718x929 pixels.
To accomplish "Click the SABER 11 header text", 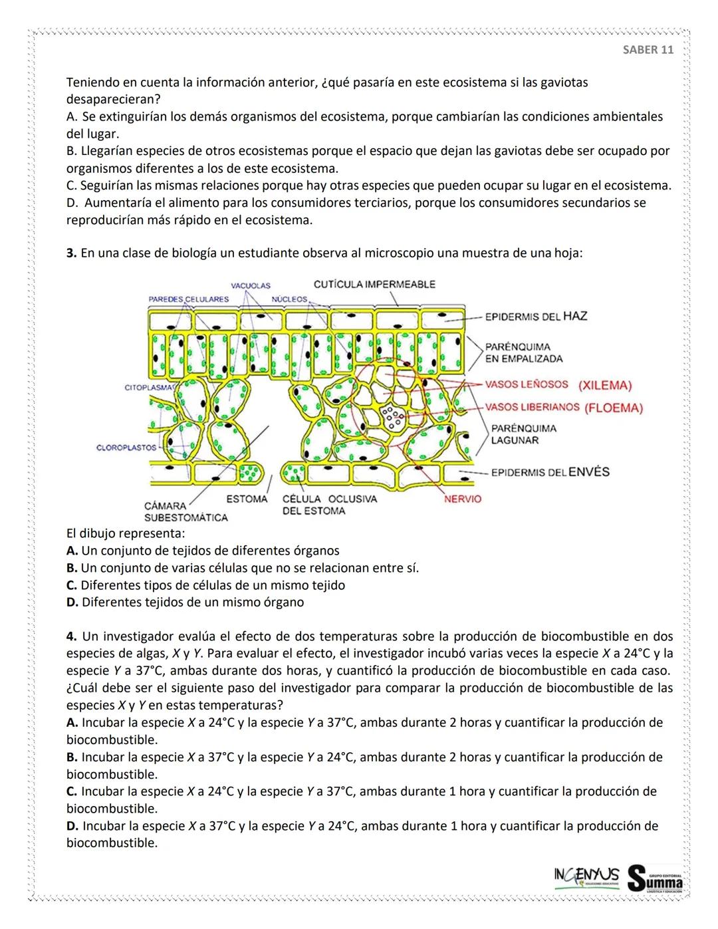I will click(648, 50).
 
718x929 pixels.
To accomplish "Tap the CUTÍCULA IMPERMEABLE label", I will click(374, 285).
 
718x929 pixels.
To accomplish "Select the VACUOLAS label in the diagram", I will click(251, 285).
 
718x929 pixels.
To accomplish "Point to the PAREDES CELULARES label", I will click(188, 299).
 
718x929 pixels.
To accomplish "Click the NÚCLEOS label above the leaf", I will click(290, 299).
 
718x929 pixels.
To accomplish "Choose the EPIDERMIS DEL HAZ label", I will click(536, 316).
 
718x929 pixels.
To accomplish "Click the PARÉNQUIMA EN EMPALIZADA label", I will click(524, 353).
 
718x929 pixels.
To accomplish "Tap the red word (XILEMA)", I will click(604, 386).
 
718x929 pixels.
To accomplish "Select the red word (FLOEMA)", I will click(613, 408).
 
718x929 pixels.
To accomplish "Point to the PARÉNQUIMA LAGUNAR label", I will click(524, 434).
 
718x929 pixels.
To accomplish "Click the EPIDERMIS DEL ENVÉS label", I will click(550, 472).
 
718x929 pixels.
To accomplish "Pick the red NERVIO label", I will click(462, 499).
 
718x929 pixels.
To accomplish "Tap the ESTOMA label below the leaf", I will click(247, 499).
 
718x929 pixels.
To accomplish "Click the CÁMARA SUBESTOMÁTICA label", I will click(185, 511).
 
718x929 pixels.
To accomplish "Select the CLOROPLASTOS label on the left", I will click(126, 448).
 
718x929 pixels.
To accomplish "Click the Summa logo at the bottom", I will click(656, 877).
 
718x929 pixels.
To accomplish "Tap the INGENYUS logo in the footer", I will click(586, 874).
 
